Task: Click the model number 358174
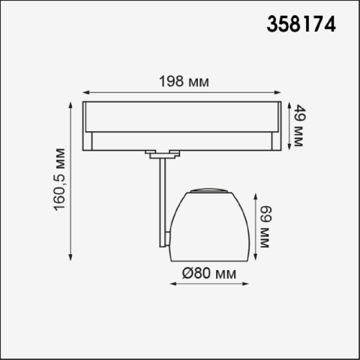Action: [301, 24]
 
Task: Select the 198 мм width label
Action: [184, 81]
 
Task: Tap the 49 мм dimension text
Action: [300, 125]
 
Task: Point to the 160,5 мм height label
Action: [59, 180]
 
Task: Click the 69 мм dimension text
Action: [266, 227]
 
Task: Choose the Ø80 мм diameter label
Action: [209, 273]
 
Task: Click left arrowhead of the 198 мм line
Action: [86, 92]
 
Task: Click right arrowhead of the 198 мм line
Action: [278, 92]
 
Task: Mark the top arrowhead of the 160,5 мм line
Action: [71, 105]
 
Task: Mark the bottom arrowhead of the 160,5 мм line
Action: [71, 257]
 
